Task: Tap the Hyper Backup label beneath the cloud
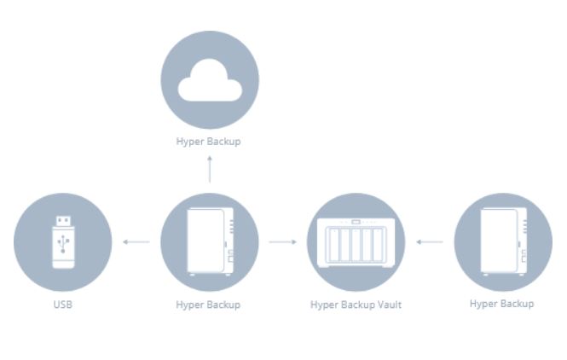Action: [x=209, y=142]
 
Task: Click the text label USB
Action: [x=63, y=304]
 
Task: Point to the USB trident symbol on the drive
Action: [x=63, y=248]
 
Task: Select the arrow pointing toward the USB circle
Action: [x=136, y=242]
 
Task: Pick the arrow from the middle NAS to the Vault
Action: [x=282, y=242]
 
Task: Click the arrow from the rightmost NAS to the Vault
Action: [x=430, y=242]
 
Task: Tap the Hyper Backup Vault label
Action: [x=356, y=305]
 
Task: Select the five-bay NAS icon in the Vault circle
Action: [x=356, y=242]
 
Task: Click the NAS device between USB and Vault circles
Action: [x=209, y=242]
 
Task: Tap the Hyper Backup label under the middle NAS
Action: [x=209, y=305]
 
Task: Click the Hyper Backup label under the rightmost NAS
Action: [x=502, y=304]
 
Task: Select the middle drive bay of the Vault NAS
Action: [x=356, y=245]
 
